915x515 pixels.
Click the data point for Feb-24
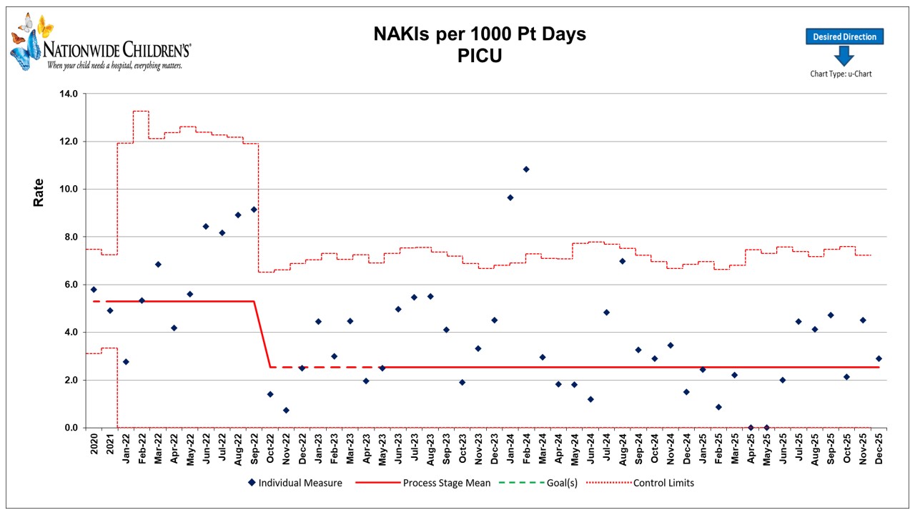coord(526,170)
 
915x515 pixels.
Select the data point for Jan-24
coord(510,197)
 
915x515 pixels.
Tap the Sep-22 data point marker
coord(254,210)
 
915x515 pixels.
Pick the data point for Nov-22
coord(286,411)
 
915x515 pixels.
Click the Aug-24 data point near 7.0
coord(622,261)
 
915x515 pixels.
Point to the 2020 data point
coord(94,290)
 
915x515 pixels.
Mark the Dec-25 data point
coord(879,358)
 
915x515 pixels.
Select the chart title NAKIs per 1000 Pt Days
coord(480,34)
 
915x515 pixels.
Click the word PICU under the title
coord(480,56)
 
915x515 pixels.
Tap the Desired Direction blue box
coord(844,37)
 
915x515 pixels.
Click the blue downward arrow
coord(844,56)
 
